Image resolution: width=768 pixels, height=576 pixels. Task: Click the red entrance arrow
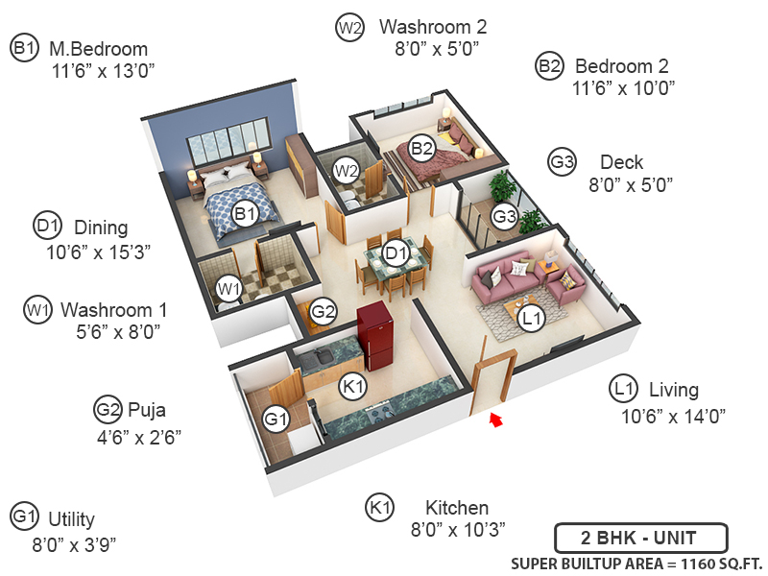tap(496, 418)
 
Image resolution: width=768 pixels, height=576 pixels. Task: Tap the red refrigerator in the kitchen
tap(372, 337)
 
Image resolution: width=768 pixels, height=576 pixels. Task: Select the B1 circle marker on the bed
tap(246, 213)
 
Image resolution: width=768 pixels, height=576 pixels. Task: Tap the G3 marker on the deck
tap(505, 217)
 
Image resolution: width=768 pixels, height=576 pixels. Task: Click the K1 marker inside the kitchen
tap(354, 386)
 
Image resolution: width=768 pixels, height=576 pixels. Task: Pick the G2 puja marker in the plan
tap(324, 310)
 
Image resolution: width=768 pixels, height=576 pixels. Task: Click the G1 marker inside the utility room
tap(276, 420)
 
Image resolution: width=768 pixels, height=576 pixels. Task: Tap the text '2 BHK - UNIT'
tap(640, 537)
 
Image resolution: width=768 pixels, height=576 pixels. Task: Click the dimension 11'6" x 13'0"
tap(104, 71)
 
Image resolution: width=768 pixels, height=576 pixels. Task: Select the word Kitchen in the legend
tap(457, 508)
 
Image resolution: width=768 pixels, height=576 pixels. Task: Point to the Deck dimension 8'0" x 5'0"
tap(629, 184)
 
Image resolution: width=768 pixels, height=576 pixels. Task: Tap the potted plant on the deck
tap(500, 186)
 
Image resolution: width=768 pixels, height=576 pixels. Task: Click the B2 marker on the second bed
tap(421, 148)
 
